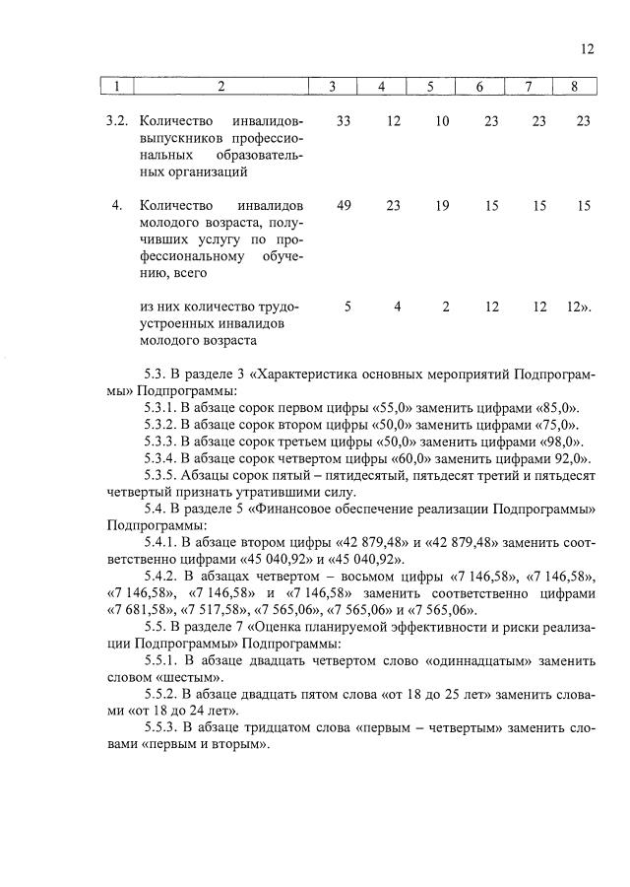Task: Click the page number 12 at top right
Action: pos(587,48)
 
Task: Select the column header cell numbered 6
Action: pos(479,87)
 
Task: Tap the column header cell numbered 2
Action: pos(221,87)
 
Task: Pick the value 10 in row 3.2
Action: pos(442,121)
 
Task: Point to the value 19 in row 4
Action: pos(442,206)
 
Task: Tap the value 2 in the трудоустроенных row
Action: pos(445,307)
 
